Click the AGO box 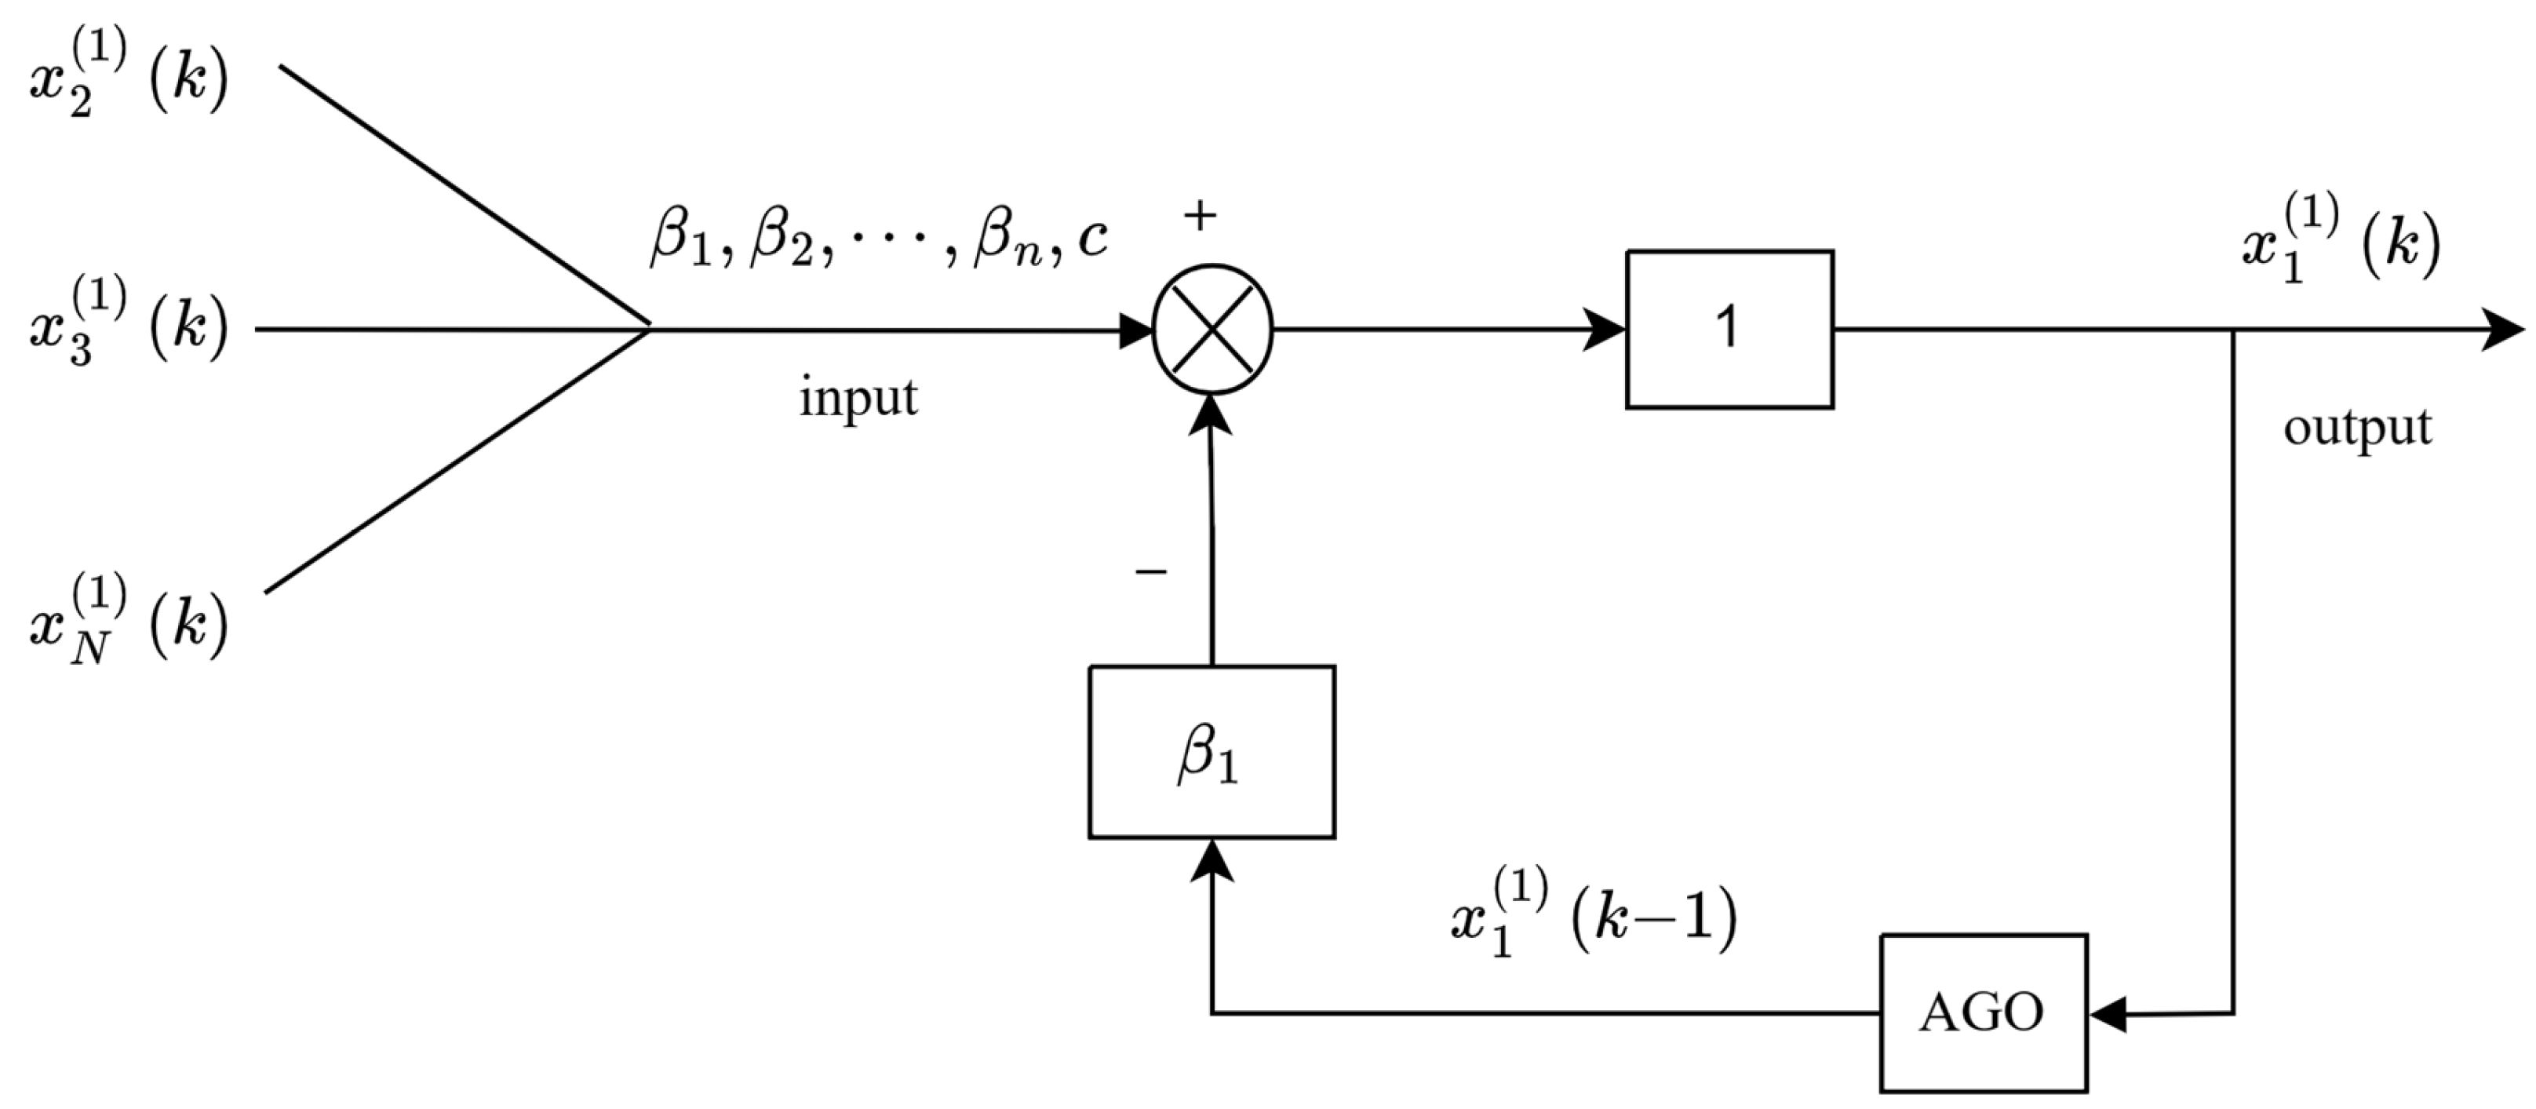[x=1983, y=1012]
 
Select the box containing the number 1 [x=1729, y=329]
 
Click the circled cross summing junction [x=1212, y=330]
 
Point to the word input [x=858, y=398]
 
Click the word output [x=2357, y=429]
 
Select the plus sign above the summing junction [x=1199, y=216]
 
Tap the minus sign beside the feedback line [x=1151, y=571]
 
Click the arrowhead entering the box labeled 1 [x=1605, y=329]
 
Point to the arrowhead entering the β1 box [x=1211, y=859]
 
